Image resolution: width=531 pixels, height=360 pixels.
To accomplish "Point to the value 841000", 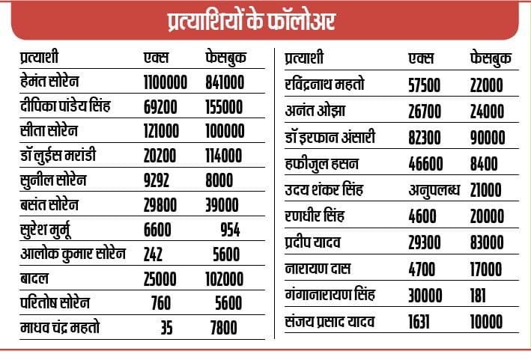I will pos(225,81).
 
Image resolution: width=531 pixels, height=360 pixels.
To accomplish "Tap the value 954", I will pos(231,229).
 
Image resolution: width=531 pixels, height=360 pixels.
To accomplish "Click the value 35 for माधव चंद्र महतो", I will pos(166,327).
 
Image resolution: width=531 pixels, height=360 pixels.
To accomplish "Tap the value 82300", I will pos(425,138).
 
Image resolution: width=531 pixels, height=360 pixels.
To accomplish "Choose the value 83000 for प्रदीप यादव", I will pos(487,243).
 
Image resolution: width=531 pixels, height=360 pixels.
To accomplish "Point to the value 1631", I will pos(421,323).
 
